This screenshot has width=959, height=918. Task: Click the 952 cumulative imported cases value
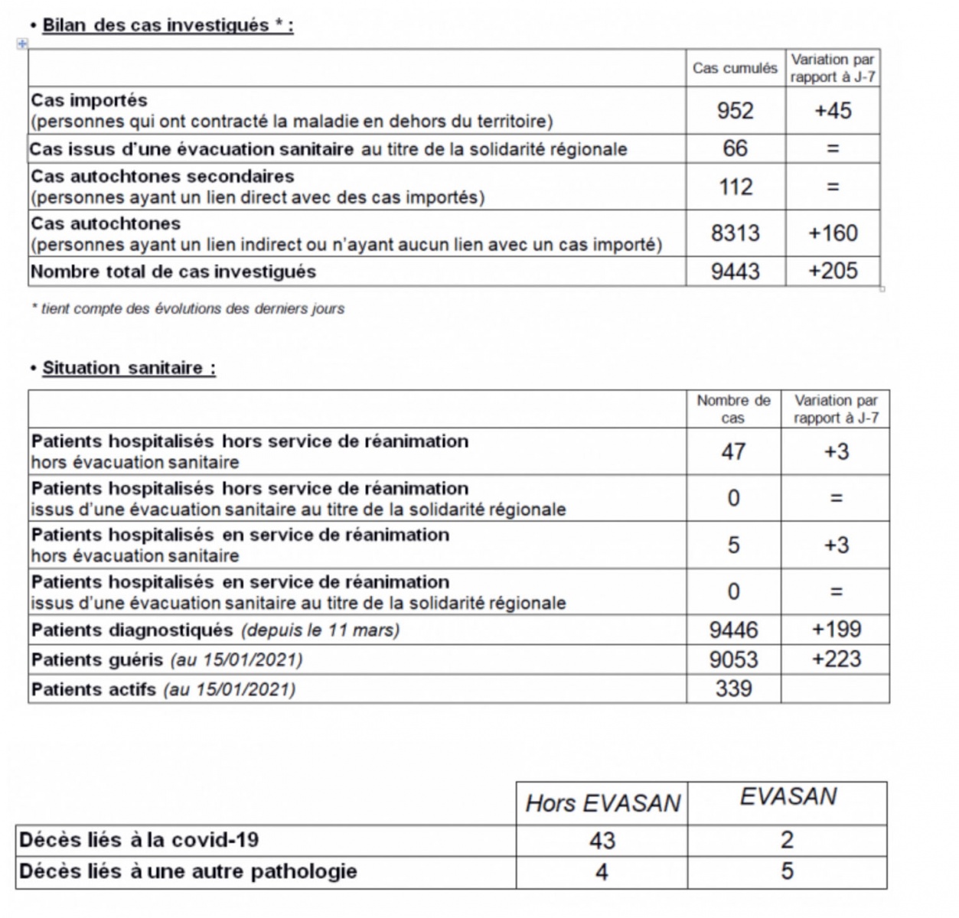coord(735,111)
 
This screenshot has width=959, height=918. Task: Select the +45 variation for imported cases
coord(833,111)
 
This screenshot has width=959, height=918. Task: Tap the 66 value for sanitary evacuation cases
coord(735,148)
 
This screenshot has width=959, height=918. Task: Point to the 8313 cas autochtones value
coord(735,233)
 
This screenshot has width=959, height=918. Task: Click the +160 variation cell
coord(833,233)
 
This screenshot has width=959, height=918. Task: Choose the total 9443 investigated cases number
coord(735,272)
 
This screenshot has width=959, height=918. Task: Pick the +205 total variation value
coord(833,272)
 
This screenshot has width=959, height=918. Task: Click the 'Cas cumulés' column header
coord(735,68)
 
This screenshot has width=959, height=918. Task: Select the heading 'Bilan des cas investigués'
coord(167,25)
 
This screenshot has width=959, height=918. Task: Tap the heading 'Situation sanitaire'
coord(129,368)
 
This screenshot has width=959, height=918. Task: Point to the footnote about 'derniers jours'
coord(188,309)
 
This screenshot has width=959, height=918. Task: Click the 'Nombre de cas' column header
coord(733,409)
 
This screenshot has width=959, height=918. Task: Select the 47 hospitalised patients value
coord(733,451)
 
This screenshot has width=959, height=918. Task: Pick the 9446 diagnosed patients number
coord(733,630)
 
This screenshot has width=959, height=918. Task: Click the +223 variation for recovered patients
coord(836,659)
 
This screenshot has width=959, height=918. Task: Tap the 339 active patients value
coord(733,688)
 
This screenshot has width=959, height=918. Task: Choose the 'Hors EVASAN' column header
coord(602,803)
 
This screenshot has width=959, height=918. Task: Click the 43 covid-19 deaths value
coord(602,841)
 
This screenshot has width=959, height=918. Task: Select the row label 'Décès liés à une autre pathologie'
coord(188,871)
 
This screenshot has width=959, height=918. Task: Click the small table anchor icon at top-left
coord(22,44)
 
